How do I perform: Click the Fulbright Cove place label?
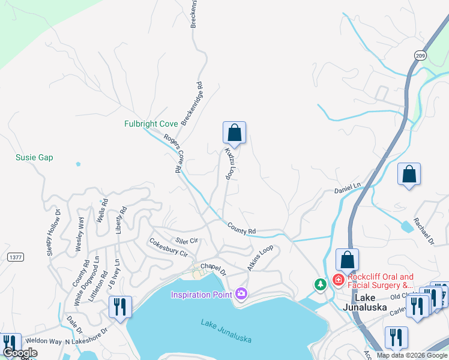pyautogui.click(x=151, y=124)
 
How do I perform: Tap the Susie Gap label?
pyautogui.click(x=34, y=158)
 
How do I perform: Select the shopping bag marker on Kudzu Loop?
pyautogui.click(x=234, y=133)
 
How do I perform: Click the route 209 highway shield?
pyautogui.click(x=420, y=55)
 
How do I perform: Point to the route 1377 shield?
pyautogui.click(x=16, y=257)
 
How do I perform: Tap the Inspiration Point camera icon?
pyautogui.click(x=241, y=293)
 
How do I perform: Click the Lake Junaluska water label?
pyautogui.click(x=226, y=331)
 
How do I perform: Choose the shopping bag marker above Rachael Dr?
pyautogui.click(x=409, y=175)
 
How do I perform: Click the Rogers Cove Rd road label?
pyautogui.click(x=172, y=153)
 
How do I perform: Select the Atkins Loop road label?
pyautogui.click(x=260, y=257)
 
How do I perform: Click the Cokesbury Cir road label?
pyautogui.click(x=168, y=247)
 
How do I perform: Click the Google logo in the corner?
pyautogui.click(x=20, y=353)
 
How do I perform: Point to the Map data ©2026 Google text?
pyautogui.click(x=411, y=355)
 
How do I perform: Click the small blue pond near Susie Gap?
pyautogui.click(x=78, y=163)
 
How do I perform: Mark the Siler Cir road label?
pyautogui.click(x=187, y=241)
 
